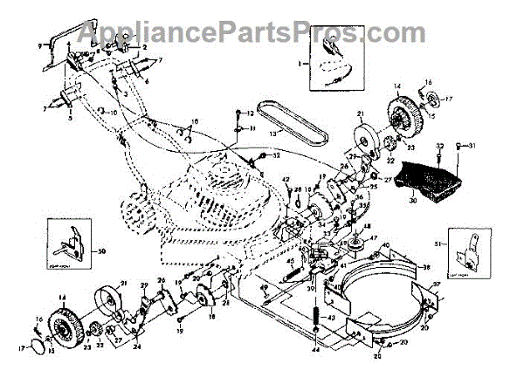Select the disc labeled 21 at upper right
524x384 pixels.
click(x=361, y=140)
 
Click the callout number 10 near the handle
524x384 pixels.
click(x=114, y=113)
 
